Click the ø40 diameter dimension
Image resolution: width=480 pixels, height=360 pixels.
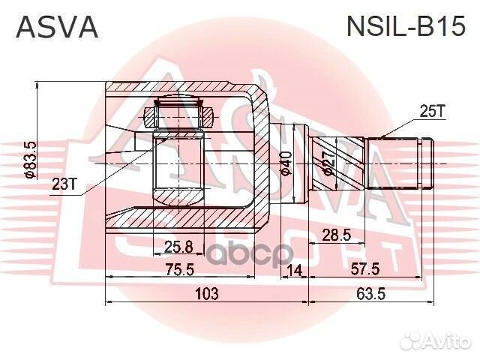(286, 162)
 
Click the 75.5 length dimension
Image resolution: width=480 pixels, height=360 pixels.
(180, 269)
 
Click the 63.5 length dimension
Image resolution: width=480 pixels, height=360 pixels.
(370, 293)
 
